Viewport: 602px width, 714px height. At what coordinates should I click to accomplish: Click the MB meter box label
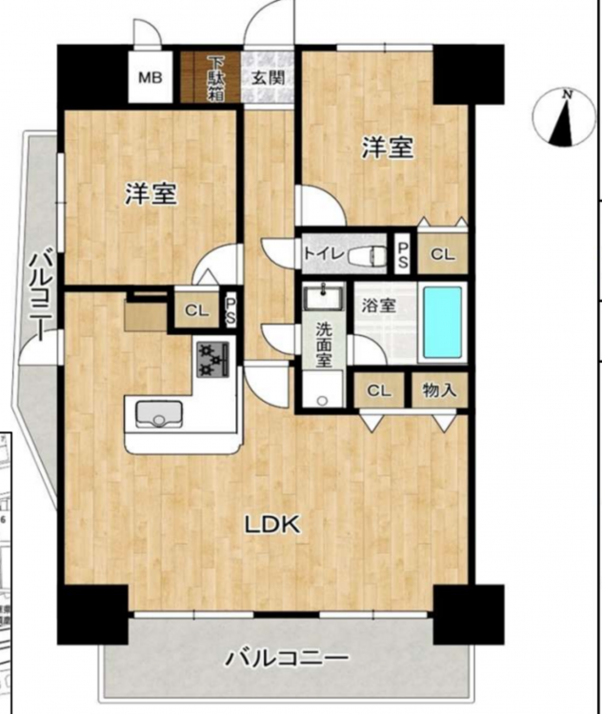tap(150, 78)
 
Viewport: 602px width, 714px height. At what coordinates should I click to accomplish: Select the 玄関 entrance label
tap(269, 78)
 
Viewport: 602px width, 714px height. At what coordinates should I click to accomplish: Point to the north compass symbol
tap(564, 117)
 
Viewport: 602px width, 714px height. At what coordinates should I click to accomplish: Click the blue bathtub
tap(443, 323)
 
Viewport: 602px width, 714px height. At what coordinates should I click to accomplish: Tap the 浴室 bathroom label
tap(379, 305)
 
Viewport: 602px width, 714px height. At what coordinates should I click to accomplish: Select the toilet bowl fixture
tap(367, 256)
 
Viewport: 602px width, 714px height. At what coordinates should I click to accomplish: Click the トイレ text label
tap(324, 253)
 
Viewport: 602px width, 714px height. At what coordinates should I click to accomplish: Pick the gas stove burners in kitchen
tap(212, 359)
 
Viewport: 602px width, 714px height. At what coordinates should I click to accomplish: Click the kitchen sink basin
tap(158, 414)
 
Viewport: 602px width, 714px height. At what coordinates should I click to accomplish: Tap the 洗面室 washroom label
tap(324, 345)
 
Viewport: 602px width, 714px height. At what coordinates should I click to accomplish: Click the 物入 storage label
tap(439, 390)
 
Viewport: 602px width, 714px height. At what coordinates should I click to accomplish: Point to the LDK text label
tap(272, 525)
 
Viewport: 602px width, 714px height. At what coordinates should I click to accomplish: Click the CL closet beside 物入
tap(379, 390)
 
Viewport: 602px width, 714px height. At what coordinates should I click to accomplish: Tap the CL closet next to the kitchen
tap(196, 310)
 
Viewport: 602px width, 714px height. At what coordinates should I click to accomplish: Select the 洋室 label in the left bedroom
tap(150, 193)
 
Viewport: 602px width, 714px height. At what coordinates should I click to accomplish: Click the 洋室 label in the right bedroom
tap(388, 148)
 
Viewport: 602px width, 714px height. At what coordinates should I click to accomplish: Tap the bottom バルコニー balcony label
tap(288, 658)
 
